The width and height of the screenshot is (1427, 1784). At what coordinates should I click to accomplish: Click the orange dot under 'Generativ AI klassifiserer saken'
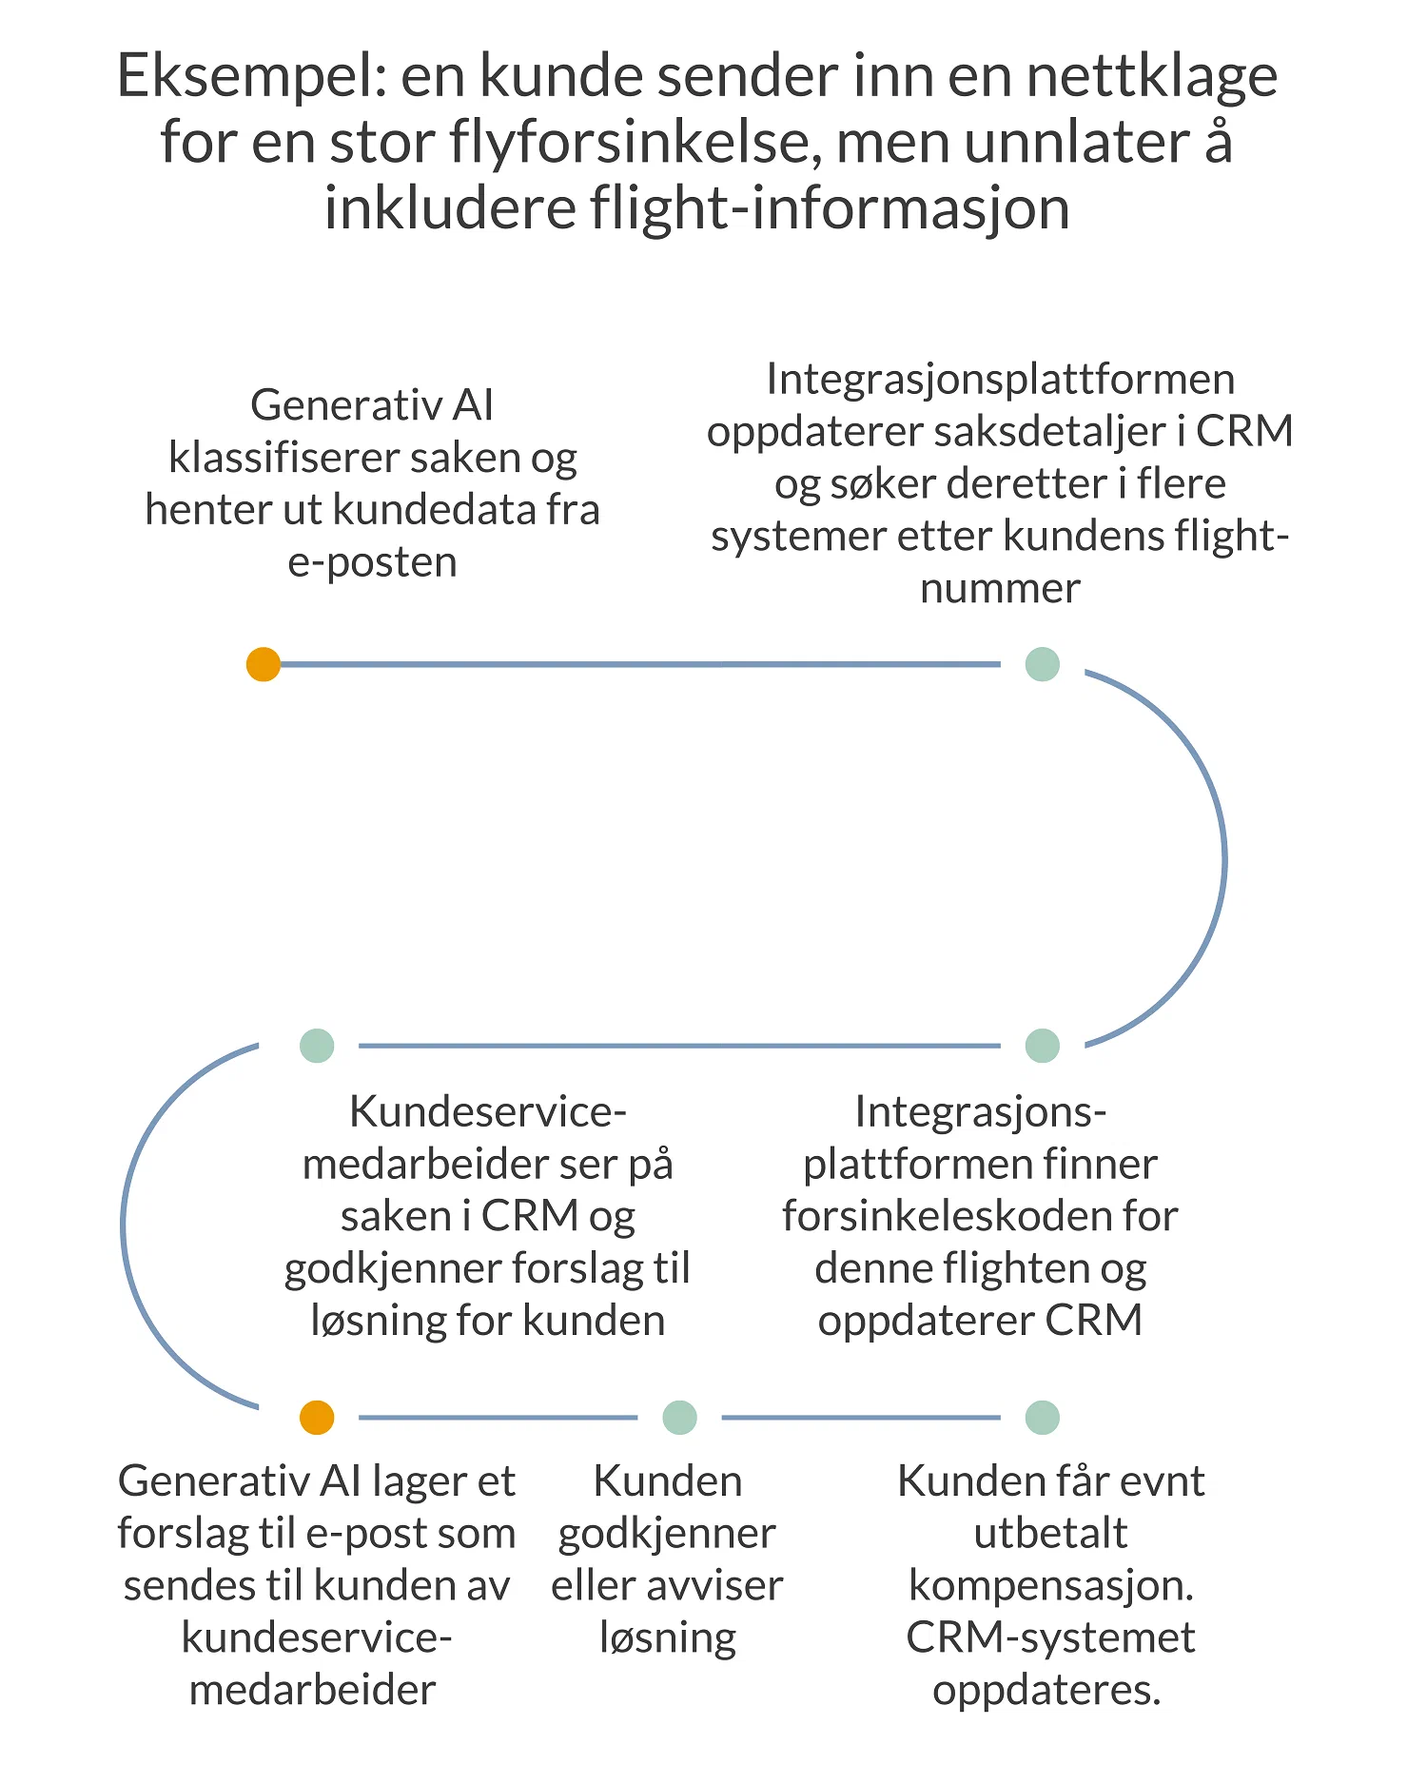point(264,664)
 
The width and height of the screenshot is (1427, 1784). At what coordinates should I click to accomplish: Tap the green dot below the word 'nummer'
point(1043,664)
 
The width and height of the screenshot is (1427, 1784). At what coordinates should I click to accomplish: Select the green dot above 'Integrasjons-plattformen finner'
point(1043,1046)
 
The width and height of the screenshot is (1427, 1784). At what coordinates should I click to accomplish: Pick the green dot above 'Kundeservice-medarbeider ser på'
point(317,1046)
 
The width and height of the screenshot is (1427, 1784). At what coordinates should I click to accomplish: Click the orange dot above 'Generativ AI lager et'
point(317,1418)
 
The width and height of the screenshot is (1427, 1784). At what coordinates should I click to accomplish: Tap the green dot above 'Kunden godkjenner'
point(679,1418)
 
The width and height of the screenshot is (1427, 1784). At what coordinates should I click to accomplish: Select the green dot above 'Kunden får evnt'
point(1043,1418)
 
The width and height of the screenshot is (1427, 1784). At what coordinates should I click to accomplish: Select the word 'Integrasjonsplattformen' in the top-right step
point(1000,380)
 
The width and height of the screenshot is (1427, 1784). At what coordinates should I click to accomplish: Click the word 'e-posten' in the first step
point(372,562)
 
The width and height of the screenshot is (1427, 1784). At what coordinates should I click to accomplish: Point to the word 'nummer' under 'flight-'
point(1000,589)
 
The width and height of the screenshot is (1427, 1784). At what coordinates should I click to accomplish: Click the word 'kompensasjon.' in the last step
point(1051,1585)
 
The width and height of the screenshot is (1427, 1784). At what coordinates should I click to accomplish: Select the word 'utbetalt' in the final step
point(1050,1533)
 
